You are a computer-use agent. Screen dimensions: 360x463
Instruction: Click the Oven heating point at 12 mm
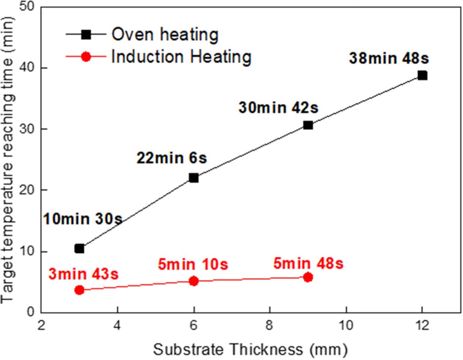point(422,76)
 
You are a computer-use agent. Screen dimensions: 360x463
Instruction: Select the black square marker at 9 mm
point(308,125)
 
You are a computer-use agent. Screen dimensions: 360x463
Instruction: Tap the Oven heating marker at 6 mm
point(194,178)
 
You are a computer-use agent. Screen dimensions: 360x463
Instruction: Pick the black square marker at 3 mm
point(79,249)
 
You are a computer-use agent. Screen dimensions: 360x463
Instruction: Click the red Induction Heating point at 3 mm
point(79,290)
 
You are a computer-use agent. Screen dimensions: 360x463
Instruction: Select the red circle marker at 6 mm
point(194,281)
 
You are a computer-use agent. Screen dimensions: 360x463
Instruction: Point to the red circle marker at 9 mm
point(308,277)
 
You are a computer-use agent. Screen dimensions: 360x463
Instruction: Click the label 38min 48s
point(389,58)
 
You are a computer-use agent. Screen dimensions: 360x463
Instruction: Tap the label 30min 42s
point(278,108)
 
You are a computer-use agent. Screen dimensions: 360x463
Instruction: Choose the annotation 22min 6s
point(172,158)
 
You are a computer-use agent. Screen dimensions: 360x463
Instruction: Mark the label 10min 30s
point(83,219)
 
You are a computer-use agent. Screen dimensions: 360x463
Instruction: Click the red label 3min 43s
point(83,274)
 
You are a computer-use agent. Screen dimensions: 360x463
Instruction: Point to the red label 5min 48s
point(308,263)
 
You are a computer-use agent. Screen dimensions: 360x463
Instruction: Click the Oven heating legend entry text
point(165,35)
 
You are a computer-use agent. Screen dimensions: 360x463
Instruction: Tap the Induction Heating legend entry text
point(181,57)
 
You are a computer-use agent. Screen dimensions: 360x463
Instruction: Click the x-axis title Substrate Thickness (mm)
point(250,349)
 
